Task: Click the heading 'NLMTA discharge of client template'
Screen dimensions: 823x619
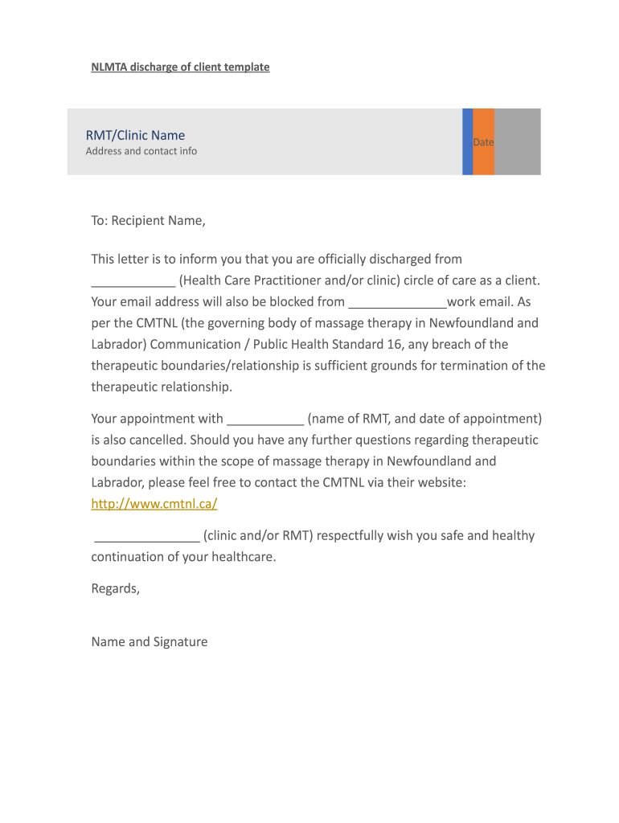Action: [180, 68]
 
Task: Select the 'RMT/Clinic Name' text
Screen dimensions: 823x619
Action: [135, 135]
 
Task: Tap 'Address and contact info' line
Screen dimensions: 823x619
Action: [141, 151]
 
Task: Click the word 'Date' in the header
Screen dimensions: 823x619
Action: [483, 142]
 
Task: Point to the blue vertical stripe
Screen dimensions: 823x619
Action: [467, 141]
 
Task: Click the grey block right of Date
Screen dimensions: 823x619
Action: [517, 141]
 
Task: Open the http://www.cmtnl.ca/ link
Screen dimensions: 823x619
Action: [154, 504]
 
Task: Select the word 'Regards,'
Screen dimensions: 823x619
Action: [116, 588]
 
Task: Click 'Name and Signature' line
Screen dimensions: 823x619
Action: [150, 641]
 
